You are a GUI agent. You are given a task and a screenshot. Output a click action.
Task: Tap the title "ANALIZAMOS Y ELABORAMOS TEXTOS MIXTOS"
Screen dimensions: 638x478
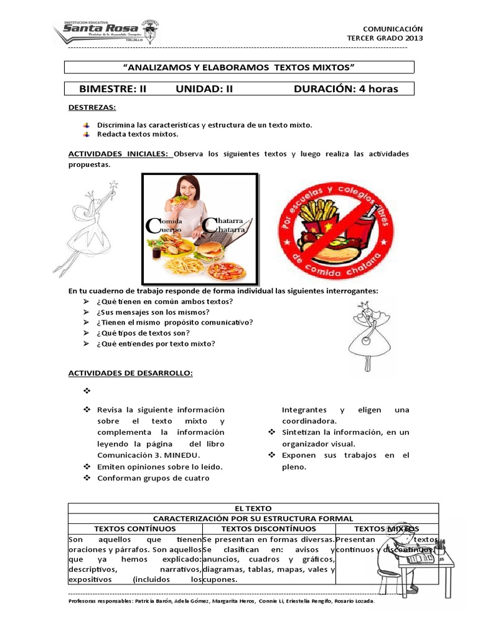240,67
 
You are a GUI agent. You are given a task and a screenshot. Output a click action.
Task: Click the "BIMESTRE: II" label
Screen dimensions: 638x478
113,89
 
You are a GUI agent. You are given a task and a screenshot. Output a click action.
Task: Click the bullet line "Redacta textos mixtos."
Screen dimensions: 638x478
138,134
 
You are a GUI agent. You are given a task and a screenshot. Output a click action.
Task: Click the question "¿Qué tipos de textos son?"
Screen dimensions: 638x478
142,333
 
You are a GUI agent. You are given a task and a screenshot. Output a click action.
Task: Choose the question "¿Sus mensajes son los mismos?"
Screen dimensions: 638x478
152,312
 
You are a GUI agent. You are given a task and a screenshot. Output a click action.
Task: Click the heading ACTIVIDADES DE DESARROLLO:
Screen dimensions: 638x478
130,373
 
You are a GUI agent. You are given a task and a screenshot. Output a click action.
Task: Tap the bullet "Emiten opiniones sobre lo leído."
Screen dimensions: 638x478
160,466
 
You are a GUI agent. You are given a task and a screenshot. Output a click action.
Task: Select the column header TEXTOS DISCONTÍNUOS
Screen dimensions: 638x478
268,528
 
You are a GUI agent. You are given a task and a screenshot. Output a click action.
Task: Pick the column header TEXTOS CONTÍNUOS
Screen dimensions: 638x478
135,528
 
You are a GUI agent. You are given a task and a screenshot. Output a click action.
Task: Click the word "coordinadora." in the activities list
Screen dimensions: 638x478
307,421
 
